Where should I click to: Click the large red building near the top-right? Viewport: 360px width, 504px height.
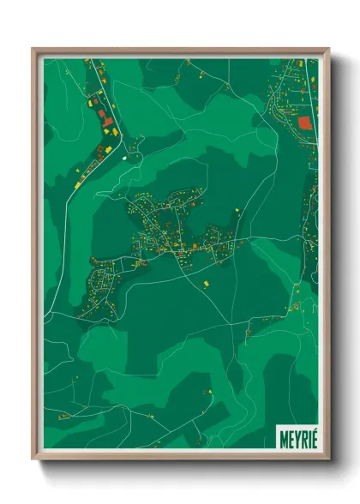[x=304, y=123]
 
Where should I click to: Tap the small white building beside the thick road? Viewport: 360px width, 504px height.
[x=126, y=157]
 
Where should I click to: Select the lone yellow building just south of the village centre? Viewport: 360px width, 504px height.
[x=205, y=279]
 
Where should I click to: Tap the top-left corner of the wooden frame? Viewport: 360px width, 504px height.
[x=33, y=50]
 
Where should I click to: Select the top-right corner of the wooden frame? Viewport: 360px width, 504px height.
[x=328, y=50]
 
